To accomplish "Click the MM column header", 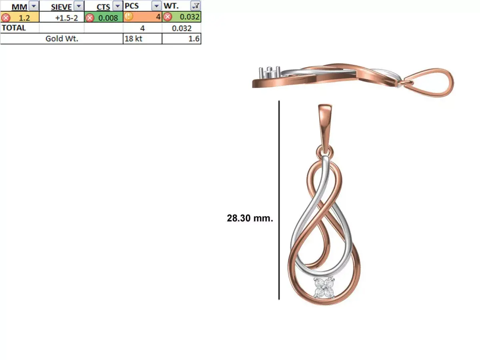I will (x=19, y=6).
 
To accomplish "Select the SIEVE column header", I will (x=61, y=6).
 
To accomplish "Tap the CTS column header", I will (x=103, y=6).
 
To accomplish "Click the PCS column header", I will (x=132, y=6).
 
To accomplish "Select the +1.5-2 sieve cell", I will (x=67, y=18).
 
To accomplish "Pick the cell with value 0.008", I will (x=108, y=18).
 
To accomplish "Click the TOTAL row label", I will (x=14, y=28).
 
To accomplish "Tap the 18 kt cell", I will (x=133, y=39).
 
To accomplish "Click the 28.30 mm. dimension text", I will (x=250, y=218).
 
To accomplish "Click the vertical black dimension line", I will (x=279, y=200).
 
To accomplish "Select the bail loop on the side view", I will (x=434, y=82).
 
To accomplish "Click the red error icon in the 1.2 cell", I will (x=6, y=18).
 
